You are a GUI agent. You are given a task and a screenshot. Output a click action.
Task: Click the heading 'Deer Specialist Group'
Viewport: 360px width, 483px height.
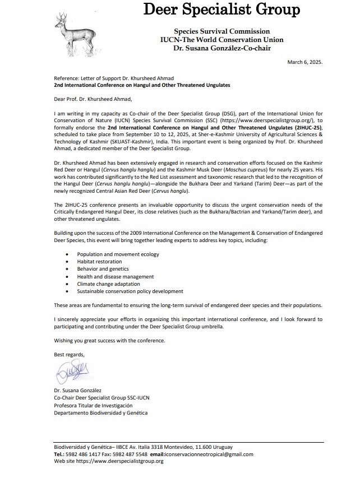222,10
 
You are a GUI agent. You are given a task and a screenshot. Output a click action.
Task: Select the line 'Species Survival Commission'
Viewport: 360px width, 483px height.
221,31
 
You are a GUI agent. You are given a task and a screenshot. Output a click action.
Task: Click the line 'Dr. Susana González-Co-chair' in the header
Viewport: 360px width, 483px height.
221,48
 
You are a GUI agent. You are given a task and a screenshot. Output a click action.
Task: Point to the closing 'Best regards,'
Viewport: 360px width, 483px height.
69,355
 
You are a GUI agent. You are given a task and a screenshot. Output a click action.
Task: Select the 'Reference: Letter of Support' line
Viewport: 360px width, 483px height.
109,78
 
